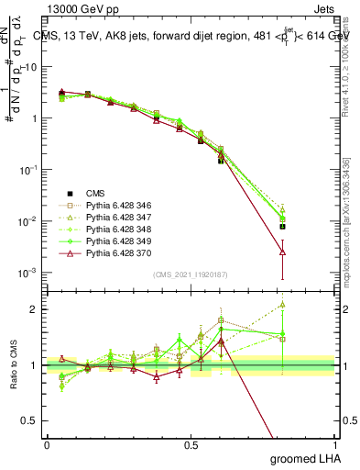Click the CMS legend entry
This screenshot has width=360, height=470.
tap(95, 193)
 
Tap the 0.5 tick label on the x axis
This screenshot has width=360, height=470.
tap(191, 443)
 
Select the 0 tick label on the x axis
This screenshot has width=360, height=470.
tap(47, 443)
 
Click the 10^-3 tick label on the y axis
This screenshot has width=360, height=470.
tap(26, 274)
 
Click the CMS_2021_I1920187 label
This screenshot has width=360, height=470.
tap(190, 274)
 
